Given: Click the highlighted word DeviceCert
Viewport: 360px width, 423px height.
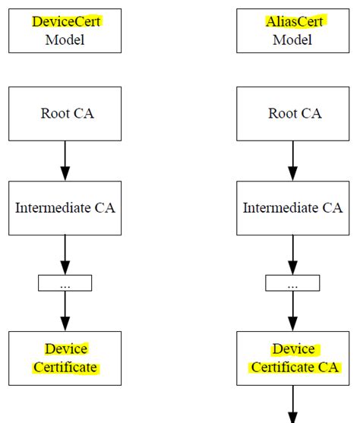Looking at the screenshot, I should coord(65,21).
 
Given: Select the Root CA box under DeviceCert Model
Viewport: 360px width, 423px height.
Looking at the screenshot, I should coord(65,113).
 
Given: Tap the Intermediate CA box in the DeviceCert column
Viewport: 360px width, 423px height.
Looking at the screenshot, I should coord(65,207).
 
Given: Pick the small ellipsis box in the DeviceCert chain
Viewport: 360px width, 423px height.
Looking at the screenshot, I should coord(65,283).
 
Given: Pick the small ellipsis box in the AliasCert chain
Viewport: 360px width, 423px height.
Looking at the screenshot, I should coord(292,283).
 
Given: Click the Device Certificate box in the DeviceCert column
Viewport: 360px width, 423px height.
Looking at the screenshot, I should coord(65,358).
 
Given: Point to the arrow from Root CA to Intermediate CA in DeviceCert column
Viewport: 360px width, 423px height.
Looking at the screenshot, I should coord(65,160).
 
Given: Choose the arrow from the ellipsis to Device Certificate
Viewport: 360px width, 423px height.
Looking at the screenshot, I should coord(65,311).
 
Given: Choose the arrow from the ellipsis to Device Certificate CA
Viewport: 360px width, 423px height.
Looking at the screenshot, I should coord(293,311).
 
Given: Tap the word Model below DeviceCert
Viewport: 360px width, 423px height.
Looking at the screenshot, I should coord(65,39).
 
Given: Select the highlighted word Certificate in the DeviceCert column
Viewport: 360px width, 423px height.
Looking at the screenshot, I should coord(65,368).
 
